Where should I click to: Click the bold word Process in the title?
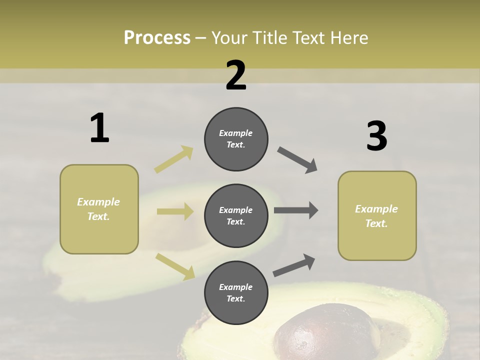(157, 37)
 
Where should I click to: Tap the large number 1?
(99, 128)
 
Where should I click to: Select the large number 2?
(236, 75)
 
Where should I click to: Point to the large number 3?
(376, 136)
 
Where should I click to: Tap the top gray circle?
(236, 139)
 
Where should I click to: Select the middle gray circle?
(236, 215)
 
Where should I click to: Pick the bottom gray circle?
(236, 292)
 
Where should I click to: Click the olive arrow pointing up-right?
(174, 159)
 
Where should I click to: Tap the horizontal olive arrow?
(175, 211)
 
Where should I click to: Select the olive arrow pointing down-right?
(175, 266)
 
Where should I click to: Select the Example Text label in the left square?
(98, 209)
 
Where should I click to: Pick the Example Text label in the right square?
(376, 216)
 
